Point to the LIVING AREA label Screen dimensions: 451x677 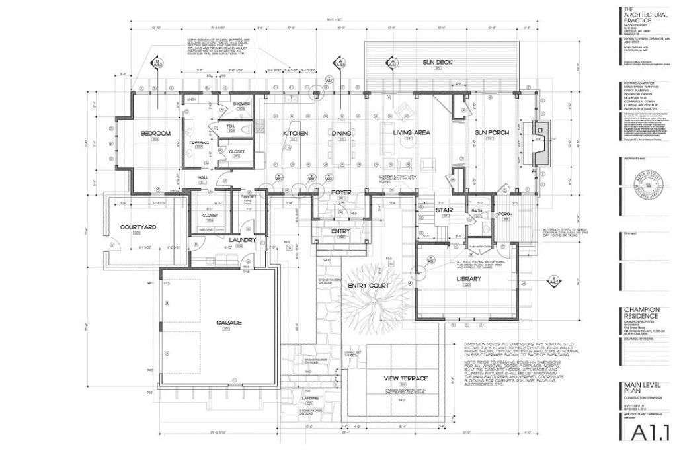411,132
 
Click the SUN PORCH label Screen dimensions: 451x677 492,133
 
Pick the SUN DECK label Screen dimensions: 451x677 437,62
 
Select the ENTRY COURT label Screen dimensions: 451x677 369,286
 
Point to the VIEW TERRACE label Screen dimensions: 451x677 407,378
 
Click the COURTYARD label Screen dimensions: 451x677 138,227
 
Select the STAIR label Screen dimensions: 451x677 442,210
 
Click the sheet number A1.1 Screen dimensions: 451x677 647,433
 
